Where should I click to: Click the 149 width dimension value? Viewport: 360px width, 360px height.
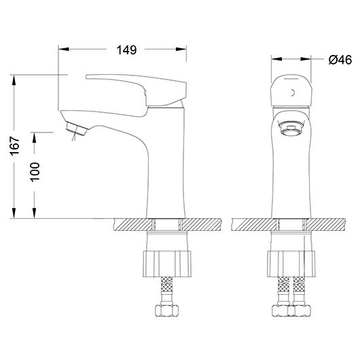click(126, 50)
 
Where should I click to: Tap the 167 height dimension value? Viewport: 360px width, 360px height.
click(15, 146)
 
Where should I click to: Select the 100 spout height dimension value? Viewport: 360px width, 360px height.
click(35, 173)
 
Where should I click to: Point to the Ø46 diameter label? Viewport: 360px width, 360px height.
click(340, 60)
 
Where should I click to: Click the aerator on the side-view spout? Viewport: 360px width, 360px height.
click(77, 129)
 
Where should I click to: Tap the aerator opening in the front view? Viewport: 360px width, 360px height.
click(291, 129)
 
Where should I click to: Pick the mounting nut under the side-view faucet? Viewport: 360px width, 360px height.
click(167, 264)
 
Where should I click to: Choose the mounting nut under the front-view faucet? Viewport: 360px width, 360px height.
click(291, 264)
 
